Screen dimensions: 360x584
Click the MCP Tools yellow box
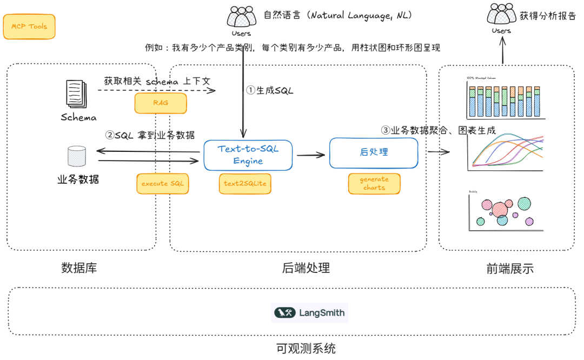[29, 26]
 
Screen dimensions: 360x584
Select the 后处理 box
[374, 152]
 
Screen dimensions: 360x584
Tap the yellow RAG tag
[161, 103]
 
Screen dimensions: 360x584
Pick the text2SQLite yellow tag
[245, 184]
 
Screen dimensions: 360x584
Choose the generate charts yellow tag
[374, 183]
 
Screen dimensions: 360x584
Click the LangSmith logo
[309, 312]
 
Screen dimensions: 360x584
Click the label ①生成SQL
[270, 90]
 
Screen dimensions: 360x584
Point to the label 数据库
[79, 268]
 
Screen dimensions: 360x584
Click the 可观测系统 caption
[306, 349]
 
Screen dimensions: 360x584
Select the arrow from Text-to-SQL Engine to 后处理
[310, 155]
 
